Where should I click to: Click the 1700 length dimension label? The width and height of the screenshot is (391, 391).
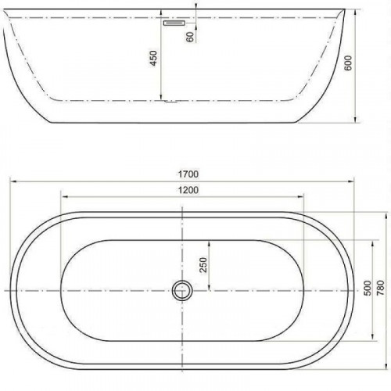(x=188, y=174)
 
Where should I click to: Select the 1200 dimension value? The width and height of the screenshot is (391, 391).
(x=188, y=190)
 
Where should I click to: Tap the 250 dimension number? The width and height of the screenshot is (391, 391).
(x=203, y=265)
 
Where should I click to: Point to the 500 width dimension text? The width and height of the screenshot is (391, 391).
(x=368, y=288)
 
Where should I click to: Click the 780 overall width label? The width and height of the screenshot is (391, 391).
(x=381, y=288)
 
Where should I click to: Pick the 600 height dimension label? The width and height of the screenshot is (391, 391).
(x=348, y=63)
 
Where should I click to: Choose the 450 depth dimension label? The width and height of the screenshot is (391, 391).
(x=153, y=58)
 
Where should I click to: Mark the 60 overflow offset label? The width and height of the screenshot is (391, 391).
(x=190, y=37)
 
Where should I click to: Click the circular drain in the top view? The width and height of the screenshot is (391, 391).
(x=182, y=290)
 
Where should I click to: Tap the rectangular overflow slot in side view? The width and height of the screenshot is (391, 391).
(x=174, y=23)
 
